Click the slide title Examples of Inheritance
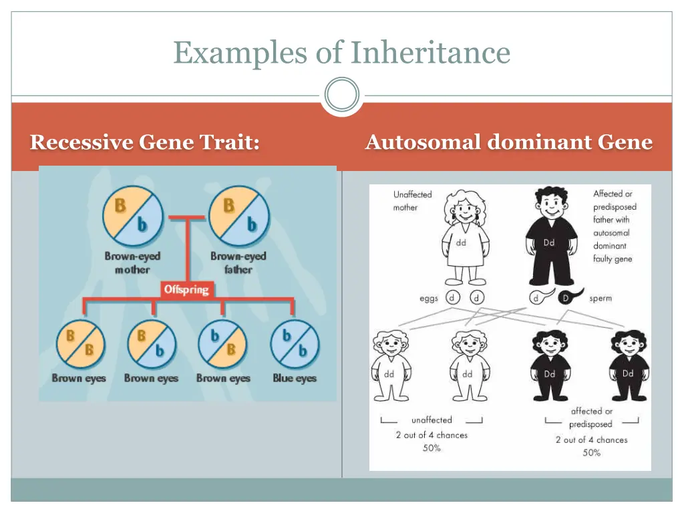[342, 52]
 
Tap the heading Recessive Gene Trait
[145, 142]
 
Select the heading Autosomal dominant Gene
[508, 142]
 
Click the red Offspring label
[187, 290]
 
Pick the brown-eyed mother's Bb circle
[132, 214]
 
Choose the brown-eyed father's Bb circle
[238, 214]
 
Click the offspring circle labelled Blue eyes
[295, 343]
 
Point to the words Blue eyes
[295, 378]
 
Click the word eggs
[429, 299]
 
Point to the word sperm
[601, 298]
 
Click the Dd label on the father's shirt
[549, 242]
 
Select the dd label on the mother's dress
[461, 243]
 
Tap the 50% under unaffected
[432, 448]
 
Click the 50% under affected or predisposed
[591, 453]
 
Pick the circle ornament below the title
[342, 94]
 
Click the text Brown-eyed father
[238, 263]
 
